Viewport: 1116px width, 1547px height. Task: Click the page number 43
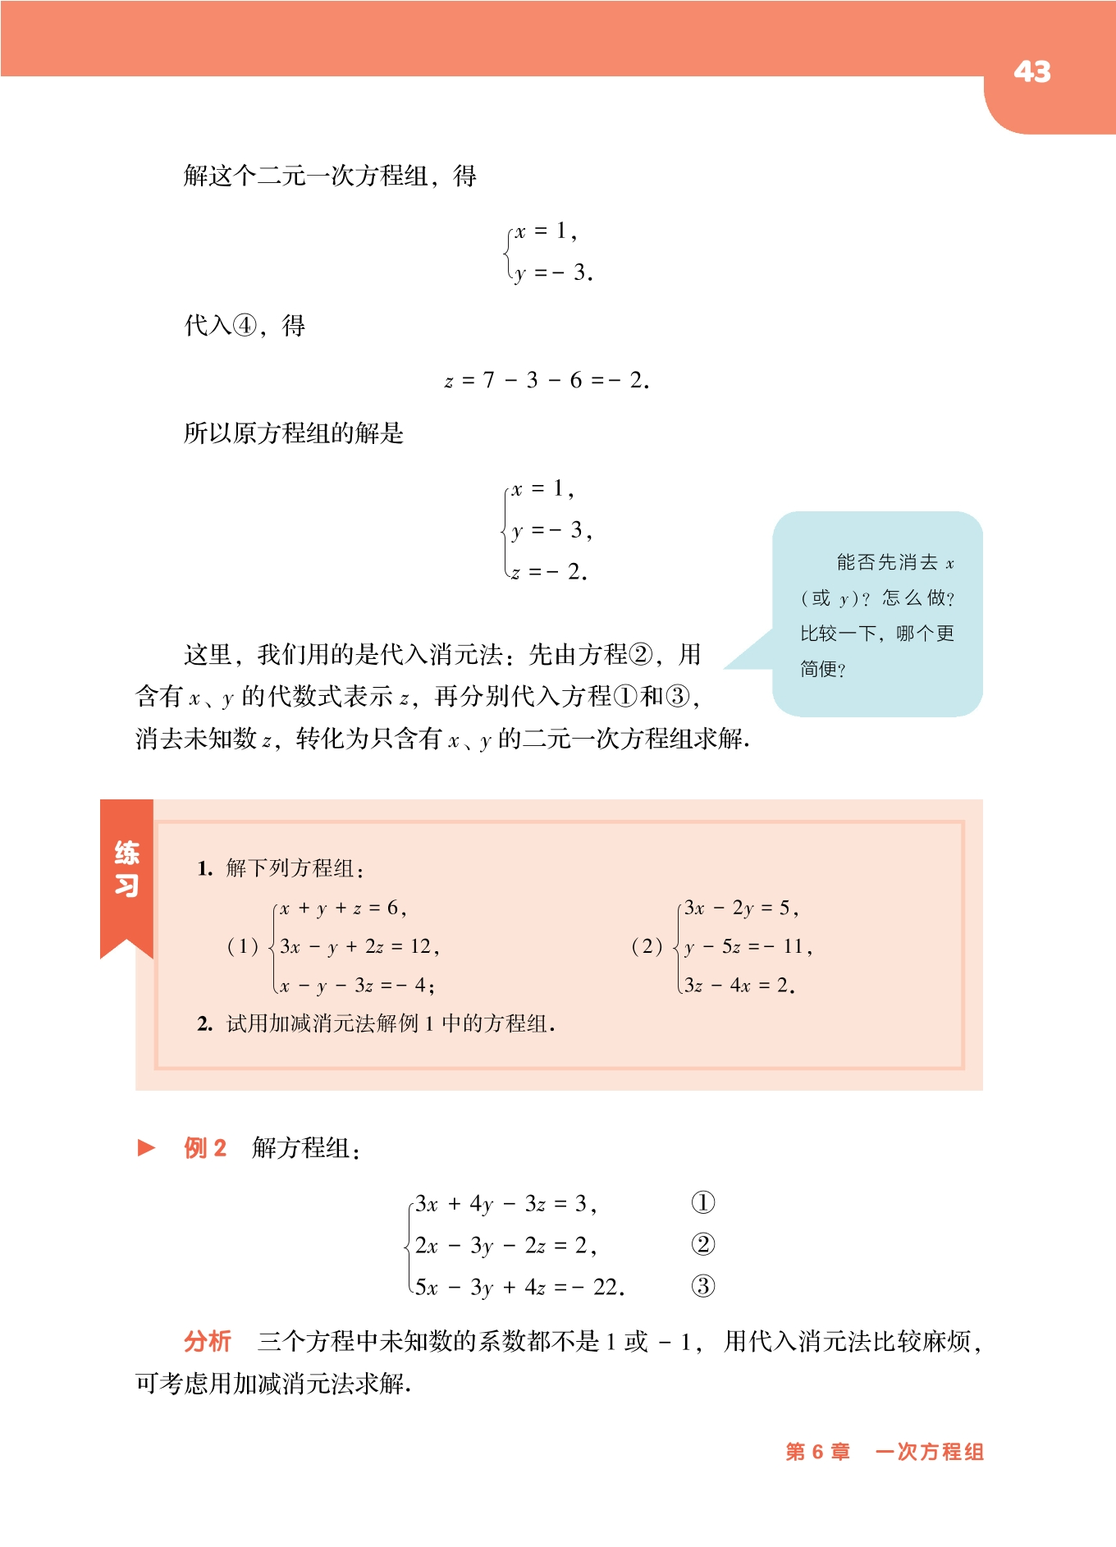(1031, 72)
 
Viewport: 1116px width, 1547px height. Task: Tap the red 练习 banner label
(126, 869)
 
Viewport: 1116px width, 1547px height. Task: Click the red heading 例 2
(205, 1147)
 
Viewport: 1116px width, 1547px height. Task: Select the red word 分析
(207, 1341)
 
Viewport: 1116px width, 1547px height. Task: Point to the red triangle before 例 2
(147, 1147)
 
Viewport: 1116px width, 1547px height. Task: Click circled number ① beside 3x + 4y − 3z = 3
(702, 1203)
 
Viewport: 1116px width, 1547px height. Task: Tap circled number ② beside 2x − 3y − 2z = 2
(702, 1245)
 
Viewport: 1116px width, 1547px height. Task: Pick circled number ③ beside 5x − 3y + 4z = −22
(702, 1286)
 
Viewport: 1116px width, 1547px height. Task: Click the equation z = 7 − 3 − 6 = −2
(547, 380)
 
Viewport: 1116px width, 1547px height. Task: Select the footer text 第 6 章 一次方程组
(884, 1452)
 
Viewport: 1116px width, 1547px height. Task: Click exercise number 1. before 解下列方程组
(205, 868)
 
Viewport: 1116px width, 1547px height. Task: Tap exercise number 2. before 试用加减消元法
(205, 1023)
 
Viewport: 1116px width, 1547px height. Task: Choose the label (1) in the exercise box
(242, 946)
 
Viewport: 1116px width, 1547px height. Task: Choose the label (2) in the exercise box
(647, 946)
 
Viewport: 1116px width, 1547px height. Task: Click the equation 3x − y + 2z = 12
(359, 946)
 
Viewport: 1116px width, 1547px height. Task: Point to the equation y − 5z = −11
(748, 946)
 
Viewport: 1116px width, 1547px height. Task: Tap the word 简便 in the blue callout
(819, 669)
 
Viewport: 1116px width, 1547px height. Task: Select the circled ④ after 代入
(245, 326)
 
